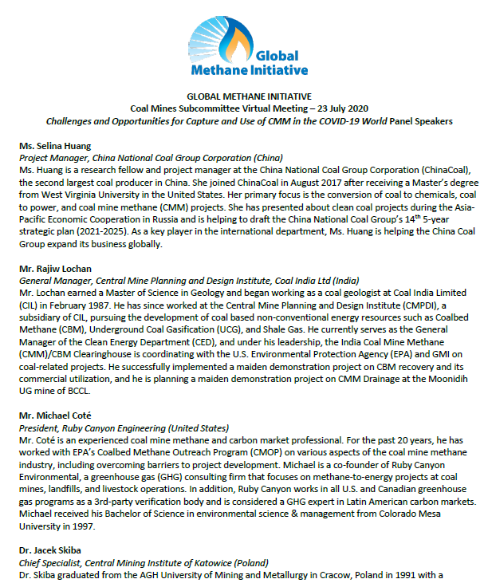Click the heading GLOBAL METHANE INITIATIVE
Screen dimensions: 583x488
[x=243, y=96]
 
